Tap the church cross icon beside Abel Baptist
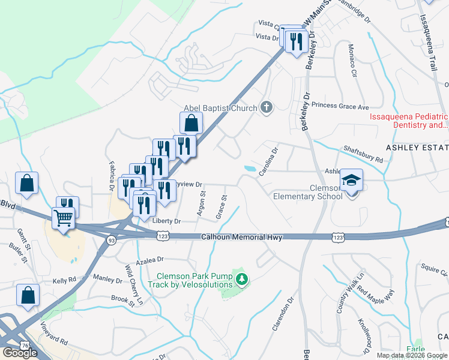point(267,108)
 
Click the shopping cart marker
point(63,218)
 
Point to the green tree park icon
point(241,278)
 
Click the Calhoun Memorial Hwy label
point(241,238)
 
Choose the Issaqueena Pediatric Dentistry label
point(409,121)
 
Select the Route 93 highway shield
point(111,240)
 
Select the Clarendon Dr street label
point(283,315)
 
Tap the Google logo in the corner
point(19,353)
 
